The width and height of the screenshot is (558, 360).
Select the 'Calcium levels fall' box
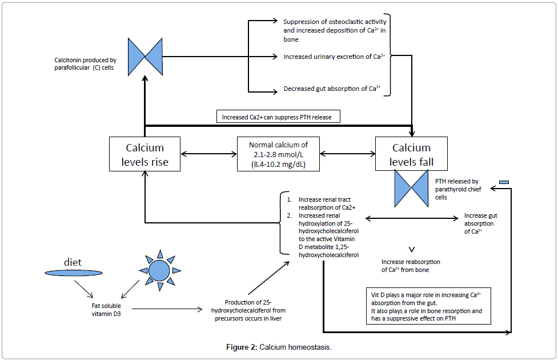(x=411, y=154)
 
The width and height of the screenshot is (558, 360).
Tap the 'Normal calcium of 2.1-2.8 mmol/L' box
(x=278, y=153)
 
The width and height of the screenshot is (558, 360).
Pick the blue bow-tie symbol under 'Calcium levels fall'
(x=411, y=188)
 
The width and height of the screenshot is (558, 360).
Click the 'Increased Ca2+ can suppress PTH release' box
(x=279, y=117)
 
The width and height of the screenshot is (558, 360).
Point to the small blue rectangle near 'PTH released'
(x=504, y=182)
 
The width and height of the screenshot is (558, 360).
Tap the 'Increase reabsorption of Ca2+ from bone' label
(x=411, y=266)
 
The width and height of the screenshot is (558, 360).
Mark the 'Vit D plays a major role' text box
(x=428, y=307)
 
